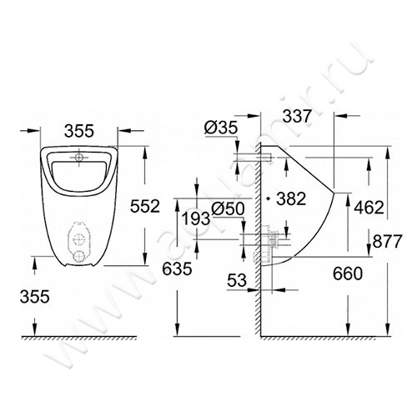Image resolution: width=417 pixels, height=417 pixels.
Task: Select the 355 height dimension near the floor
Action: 34,295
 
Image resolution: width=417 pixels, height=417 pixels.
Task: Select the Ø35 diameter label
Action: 220,128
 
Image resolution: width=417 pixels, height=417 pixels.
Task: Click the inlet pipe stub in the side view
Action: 246,158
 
